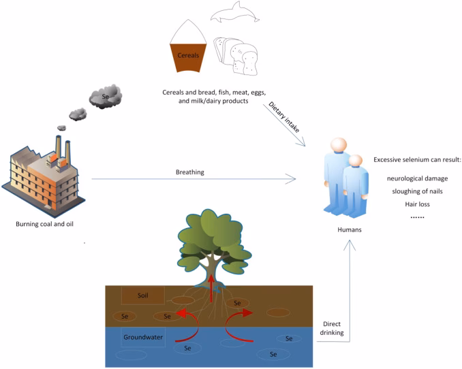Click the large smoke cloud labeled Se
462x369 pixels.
[x=104, y=97]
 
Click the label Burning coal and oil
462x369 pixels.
[x=46, y=223]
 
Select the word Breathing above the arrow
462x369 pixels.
[x=189, y=172]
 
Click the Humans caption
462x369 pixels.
[x=349, y=229]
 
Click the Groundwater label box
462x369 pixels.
[x=143, y=337]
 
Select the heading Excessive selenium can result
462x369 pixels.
[x=417, y=159]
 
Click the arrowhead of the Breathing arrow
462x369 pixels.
[x=292, y=179]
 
